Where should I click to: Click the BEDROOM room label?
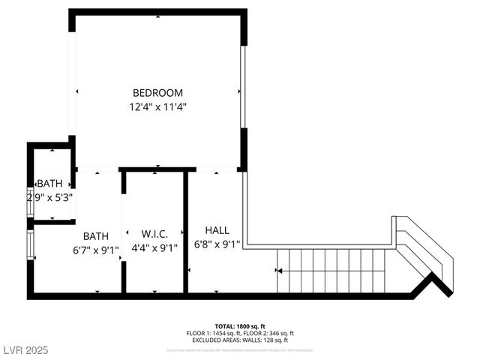tap(157, 93)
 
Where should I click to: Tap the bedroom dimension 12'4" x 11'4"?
tap(157, 106)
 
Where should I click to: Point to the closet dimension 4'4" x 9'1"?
tap(154, 249)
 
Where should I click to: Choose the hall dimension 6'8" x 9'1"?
tap(217, 244)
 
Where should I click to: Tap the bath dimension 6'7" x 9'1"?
tap(96, 250)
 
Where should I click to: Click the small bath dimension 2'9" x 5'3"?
tap(49, 198)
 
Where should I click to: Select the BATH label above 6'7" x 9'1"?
tap(96, 236)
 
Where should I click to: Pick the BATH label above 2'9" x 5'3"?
tap(50, 184)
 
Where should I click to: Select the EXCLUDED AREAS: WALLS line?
tap(239, 340)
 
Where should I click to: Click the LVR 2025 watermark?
tap(25, 350)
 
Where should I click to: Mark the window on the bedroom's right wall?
tap(243, 87)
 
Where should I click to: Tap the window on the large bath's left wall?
tap(31, 244)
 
